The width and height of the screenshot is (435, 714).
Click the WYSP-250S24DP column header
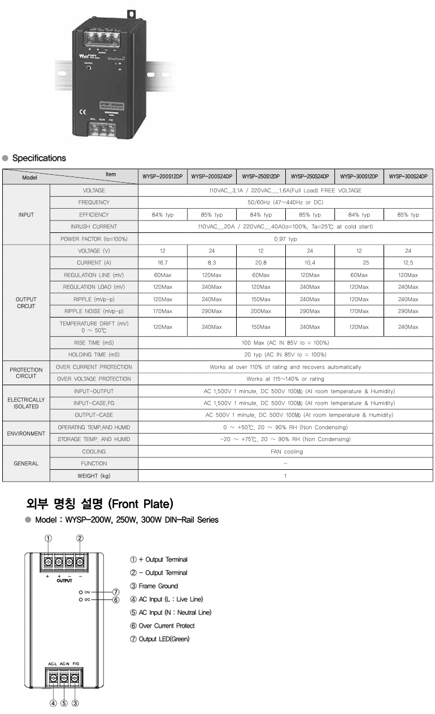pos(310,177)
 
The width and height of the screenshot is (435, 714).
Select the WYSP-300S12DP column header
pos(359,177)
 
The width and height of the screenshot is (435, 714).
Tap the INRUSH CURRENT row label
pos(94,227)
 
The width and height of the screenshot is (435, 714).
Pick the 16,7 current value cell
pos(162,263)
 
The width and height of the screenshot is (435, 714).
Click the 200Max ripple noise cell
pos(260,311)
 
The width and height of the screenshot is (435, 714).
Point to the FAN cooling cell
pos(285,451)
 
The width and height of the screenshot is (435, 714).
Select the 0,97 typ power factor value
pos(285,239)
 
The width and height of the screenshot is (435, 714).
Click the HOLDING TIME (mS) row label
pos(94,355)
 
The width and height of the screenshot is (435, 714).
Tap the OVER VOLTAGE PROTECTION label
pos(94,379)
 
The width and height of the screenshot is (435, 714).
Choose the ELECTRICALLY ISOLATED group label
pos(26,403)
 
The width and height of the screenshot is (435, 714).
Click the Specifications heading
pos(38,158)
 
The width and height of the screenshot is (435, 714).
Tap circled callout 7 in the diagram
pos(115,592)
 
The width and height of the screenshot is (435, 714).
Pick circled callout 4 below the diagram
pos(53,703)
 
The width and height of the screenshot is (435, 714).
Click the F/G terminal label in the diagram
pos(76,664)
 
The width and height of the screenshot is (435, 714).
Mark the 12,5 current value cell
pos(408,263)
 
